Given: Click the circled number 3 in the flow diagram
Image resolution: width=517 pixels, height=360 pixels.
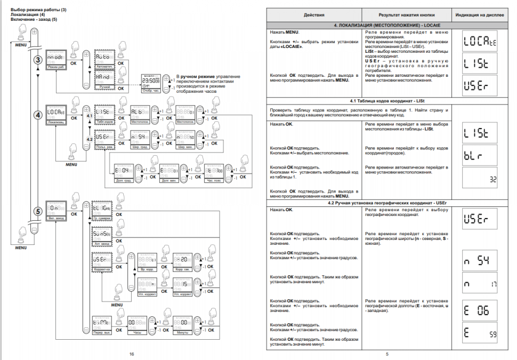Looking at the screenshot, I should (38, 60).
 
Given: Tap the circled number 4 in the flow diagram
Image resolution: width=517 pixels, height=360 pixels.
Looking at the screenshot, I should (38, 114).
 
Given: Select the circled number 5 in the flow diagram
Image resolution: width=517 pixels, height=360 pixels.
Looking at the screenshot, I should (38, 211).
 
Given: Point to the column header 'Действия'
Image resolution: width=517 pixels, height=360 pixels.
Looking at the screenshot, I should (314, 16).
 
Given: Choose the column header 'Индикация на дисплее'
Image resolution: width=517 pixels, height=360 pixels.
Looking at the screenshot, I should (479, 16).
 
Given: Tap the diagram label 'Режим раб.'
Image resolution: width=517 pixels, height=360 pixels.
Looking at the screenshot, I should (55, 67).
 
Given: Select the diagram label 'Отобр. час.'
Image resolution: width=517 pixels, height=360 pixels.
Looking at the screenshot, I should (150, 91).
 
